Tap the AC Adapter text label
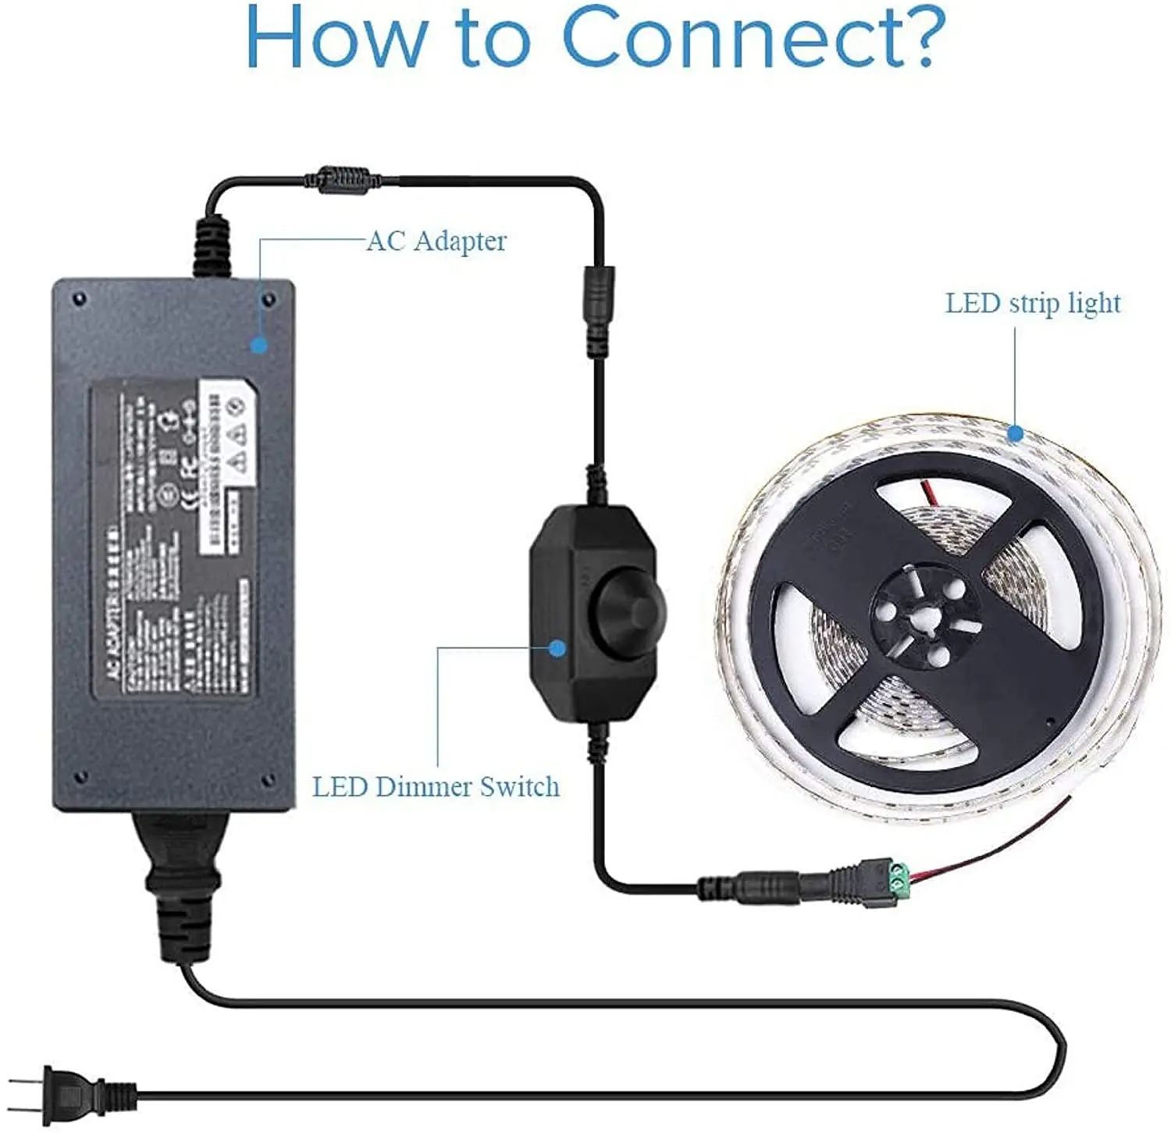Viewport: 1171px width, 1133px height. [436, 240]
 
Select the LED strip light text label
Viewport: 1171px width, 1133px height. [1032, 303]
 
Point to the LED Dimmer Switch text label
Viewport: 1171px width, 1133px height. [436, 786]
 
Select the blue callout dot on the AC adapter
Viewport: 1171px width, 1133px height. [259, 344]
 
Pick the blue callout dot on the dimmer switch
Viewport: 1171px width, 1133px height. [557, 647]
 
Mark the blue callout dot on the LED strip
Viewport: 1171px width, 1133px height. [1014, 433]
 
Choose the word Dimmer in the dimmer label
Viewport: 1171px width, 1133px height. [422, 786]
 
